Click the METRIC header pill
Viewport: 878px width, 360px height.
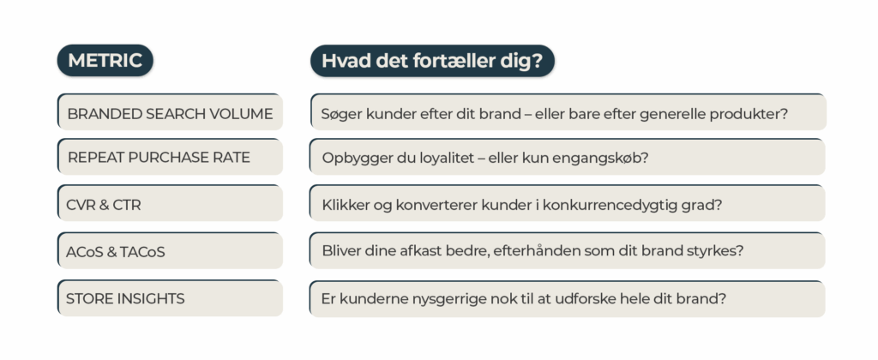pos(105,61)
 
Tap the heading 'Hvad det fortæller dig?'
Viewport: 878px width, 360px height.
pos(432,61)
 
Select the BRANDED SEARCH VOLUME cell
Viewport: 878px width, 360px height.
pos(170,113)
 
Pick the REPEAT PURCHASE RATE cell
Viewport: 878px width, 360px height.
pos(170,158)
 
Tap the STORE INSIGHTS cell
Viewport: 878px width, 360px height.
pos(170,298)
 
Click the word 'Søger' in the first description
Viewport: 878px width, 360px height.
pos(341,113)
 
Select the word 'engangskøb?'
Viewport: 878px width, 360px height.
pos(603,159)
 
